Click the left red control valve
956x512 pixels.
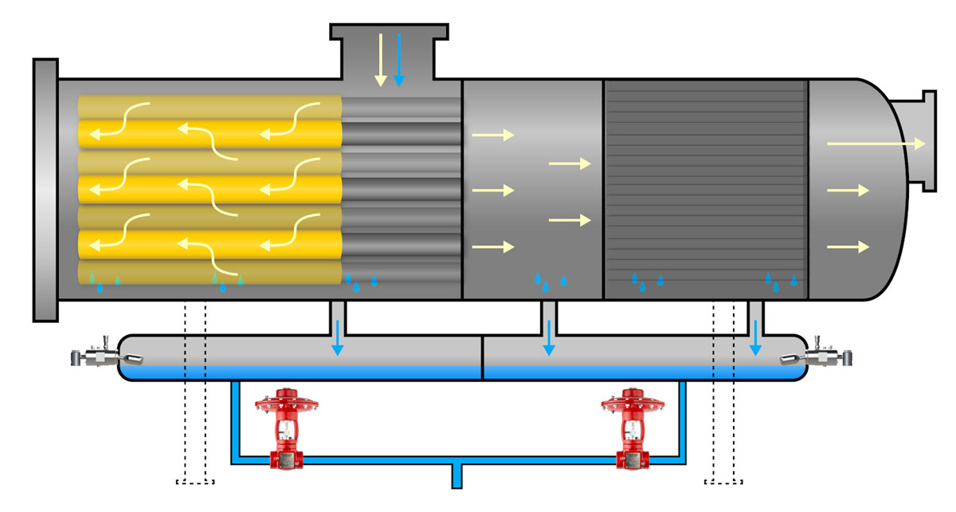285,435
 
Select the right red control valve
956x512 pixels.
633,435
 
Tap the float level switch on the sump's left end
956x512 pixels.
100,358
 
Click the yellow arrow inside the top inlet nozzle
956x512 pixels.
381,59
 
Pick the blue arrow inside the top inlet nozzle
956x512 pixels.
399,59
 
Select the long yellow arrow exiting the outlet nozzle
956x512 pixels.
876,144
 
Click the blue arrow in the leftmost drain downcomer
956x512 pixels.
339,337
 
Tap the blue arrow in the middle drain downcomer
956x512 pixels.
548,337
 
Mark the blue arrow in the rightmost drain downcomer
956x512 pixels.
754,337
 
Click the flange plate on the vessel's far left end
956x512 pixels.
45,190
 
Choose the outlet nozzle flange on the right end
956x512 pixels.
928,142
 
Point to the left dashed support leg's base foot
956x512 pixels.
195,481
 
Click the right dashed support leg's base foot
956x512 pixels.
724,481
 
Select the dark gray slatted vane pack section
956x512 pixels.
706,189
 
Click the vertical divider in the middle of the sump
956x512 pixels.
483,358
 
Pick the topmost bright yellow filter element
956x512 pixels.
211,132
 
